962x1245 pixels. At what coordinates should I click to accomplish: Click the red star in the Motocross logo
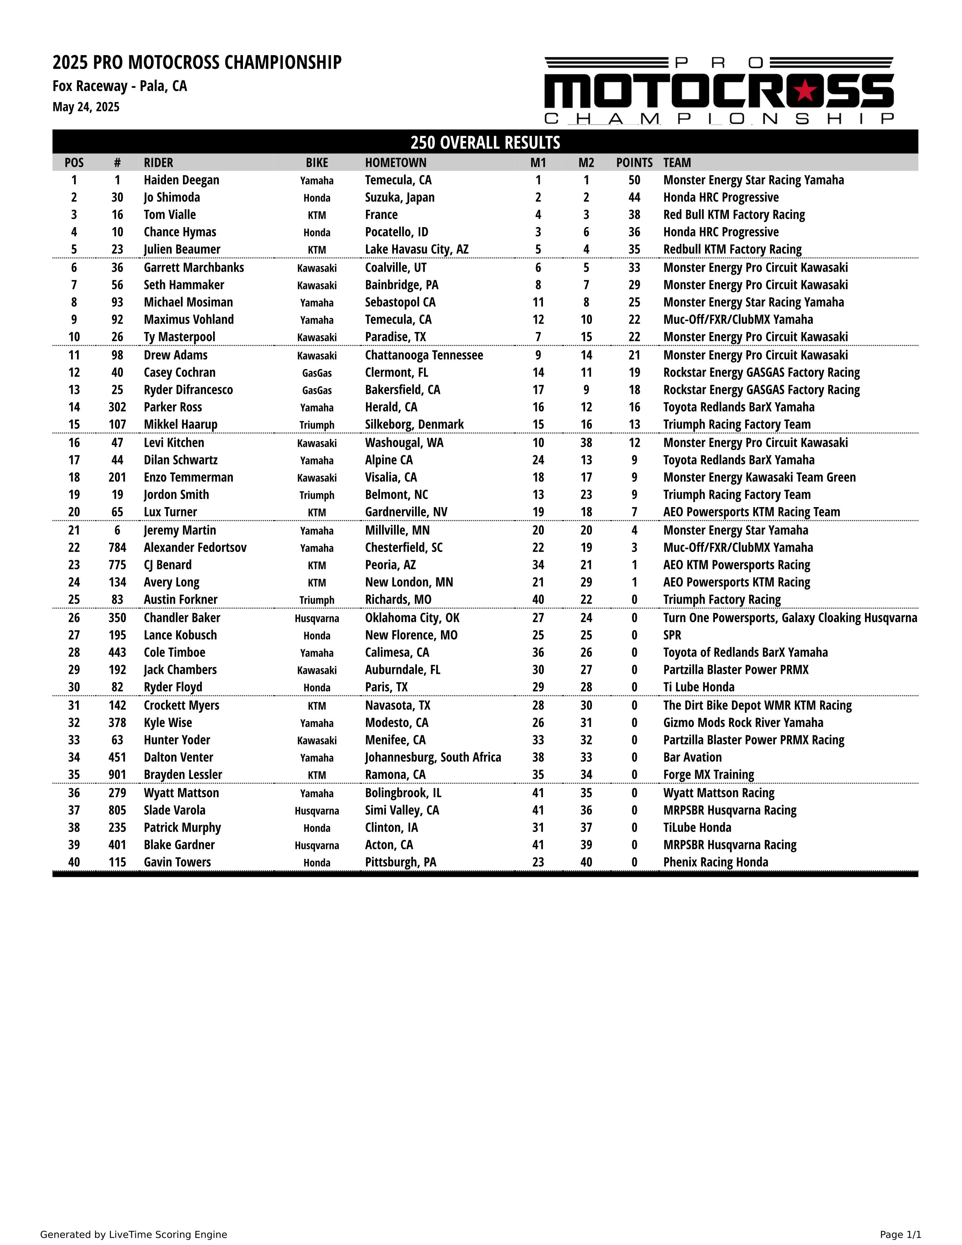[805, 90]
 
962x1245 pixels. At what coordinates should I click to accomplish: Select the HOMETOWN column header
[395, 163]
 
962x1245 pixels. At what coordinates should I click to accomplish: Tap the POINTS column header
[634, 163]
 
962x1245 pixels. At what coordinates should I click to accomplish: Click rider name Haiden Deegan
[181, 180]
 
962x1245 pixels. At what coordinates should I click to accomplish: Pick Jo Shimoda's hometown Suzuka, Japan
[400, 197]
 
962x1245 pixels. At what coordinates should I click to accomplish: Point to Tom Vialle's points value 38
[634, 215]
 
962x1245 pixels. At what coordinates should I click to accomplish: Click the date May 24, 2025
[86, 107]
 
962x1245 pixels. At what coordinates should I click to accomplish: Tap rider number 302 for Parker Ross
[117, 407]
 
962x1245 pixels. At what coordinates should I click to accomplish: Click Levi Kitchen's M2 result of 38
[586, 443]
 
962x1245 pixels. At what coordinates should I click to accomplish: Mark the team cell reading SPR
[672, 635]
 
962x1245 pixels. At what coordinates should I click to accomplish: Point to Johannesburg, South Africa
[433, 757]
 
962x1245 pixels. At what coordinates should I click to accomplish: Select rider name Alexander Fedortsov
[195, 547]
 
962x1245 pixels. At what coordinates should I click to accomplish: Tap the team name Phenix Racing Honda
[715, 862]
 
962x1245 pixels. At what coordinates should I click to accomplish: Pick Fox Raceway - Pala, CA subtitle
[120, 86]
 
